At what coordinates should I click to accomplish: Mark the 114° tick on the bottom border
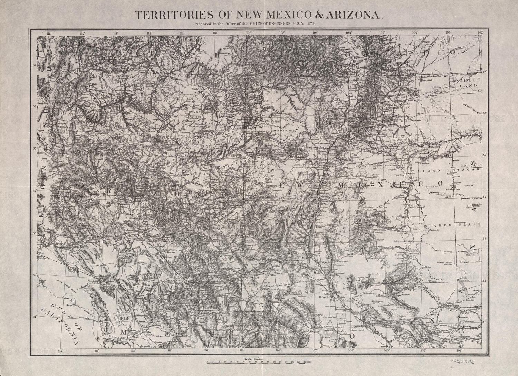tap(61, 351)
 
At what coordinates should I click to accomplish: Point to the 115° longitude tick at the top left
tap(49, 33)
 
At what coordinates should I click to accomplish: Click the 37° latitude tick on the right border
tap(485, 72)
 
